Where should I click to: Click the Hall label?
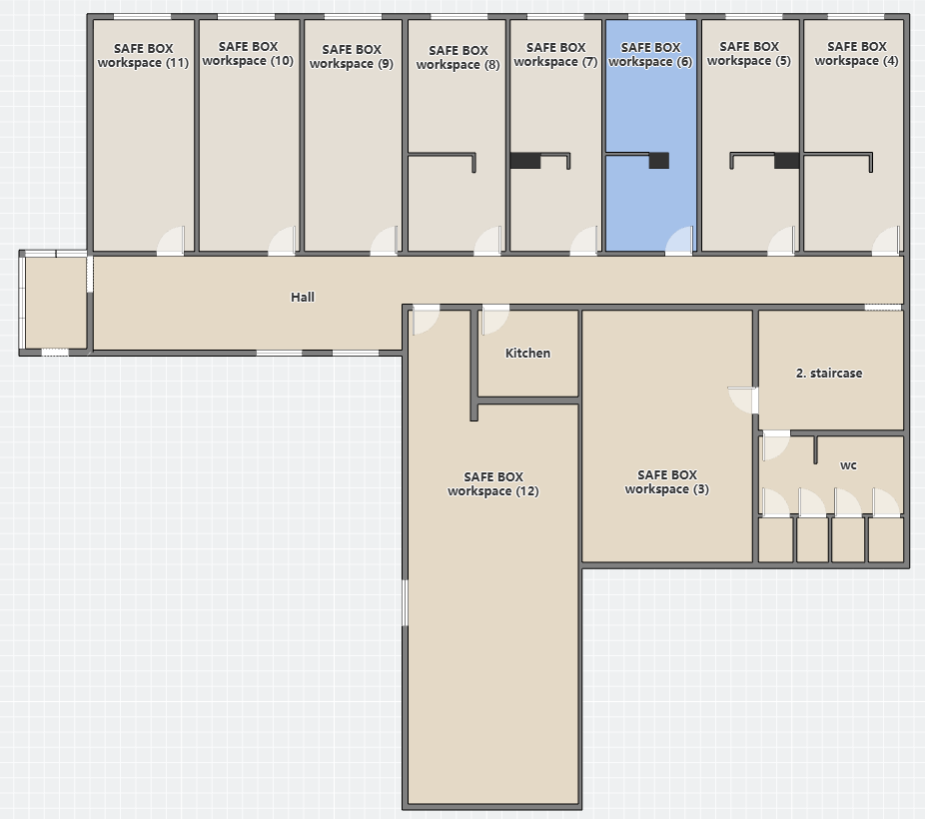[x=302, y=298]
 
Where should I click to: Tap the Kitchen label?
[x=527, y=354]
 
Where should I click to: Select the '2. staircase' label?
[x=829, y=373]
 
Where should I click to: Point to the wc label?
[x=848, y=465]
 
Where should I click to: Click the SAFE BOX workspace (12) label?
[x=493, y=483]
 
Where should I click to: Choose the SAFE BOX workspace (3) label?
[x=666, y=481]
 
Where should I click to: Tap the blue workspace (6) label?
[x=650, y=54]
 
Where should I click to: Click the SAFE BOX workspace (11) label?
[x=143, y=55]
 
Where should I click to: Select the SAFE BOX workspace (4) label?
[x=856, y=53]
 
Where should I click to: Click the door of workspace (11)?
[x=171, y=241]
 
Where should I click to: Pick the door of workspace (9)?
[x=385, y=241]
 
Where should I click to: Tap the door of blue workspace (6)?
[x=679, y=241]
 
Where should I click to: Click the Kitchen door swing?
[x=495, y=321]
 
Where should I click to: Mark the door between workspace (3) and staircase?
[x=743, y=401]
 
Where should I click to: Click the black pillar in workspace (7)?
[x=525, y=161]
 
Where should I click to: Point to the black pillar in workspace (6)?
[x=659, y=161]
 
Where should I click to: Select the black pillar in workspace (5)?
[x=787, y=161]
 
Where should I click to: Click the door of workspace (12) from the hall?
[x=426, y=321]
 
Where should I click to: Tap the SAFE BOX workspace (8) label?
[x=458, y=57]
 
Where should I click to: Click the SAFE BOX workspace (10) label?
[x=248, y=53]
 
